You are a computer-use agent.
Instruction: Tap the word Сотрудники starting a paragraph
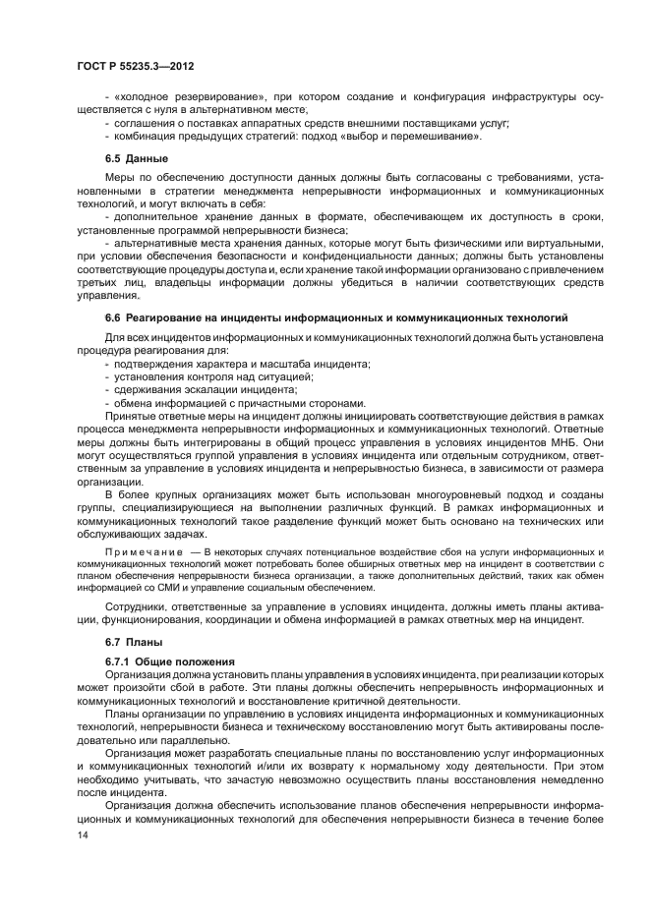pos(143,608)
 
